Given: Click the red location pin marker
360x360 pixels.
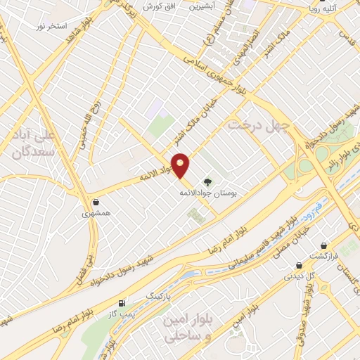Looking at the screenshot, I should point(181,165).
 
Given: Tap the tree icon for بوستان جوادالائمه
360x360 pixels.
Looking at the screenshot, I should point(207,181).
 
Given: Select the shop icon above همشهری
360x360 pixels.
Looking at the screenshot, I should point(95,202).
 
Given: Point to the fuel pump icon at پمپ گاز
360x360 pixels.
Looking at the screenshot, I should point(122,303).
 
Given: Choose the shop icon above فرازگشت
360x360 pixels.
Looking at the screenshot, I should point(324,245).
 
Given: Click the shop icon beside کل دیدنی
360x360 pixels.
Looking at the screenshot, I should point(300,266).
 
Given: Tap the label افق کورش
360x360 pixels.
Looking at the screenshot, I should point(158,6).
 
